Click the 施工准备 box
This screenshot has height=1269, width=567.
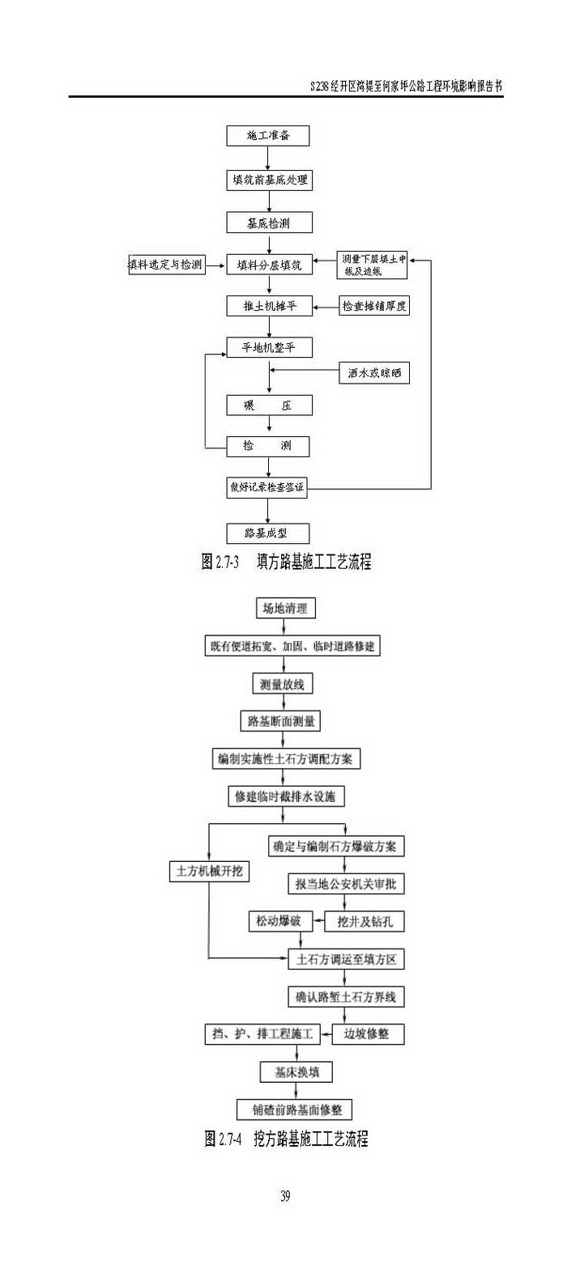268,136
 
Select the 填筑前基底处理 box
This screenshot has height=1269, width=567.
269,179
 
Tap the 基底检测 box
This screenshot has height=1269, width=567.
268,223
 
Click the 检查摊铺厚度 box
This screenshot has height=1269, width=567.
373,306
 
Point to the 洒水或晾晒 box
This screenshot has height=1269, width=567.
373,374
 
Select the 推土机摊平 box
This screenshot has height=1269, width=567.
269,306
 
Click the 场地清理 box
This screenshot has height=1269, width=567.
284,608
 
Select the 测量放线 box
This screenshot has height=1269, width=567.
281,684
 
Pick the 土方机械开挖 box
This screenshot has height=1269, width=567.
209,872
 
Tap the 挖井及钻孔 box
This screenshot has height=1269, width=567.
364,921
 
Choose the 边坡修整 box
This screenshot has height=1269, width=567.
368,1033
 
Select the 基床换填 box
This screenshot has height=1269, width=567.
296,1072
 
